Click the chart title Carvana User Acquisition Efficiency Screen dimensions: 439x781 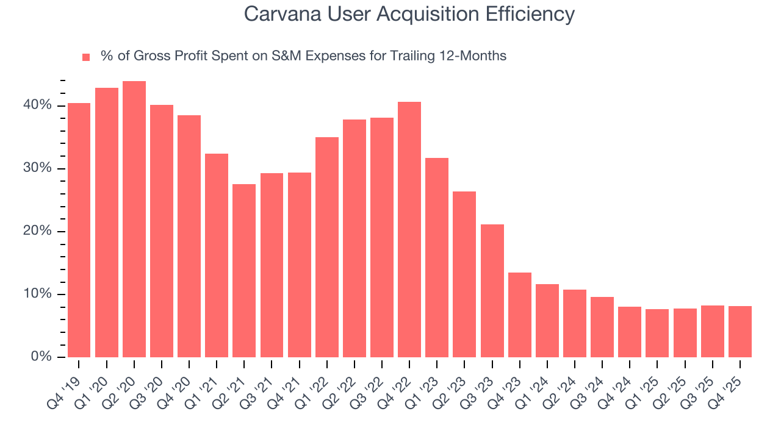409,13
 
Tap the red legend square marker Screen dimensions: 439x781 86,57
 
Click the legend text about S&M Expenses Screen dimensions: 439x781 303,56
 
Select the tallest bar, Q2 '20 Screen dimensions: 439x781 134,219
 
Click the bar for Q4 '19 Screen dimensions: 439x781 79,230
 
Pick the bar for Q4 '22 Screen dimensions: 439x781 409,229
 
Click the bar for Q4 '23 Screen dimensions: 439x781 520,315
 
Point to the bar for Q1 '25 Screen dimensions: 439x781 657,333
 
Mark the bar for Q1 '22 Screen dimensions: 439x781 327,247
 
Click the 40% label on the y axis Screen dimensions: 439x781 38,105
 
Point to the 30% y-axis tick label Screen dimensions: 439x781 38,168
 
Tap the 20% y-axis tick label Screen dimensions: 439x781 38,231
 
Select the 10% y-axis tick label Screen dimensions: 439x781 38,294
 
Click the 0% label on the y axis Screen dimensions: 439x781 41,357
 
